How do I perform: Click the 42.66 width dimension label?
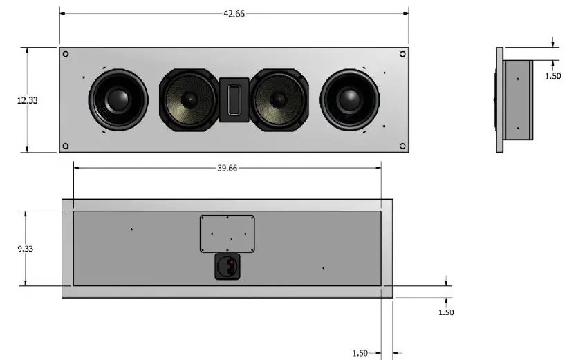tap(234, 14)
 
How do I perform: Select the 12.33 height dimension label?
tap(27, 100)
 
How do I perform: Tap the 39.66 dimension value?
tap(227, 168)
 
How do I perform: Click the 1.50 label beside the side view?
tap(552, 76)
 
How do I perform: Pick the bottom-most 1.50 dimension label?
tap(360, 353)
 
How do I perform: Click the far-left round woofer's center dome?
tap(117, 100)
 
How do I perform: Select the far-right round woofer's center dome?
tap(350, 100)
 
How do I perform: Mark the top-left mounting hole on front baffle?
tap(66, 54)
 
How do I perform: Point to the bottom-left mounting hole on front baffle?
tap(66, 146)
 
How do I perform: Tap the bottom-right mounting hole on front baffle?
tap(402, 146)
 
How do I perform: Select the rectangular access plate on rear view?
tap(227, 234)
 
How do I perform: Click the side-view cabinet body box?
tap(517, 100)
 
